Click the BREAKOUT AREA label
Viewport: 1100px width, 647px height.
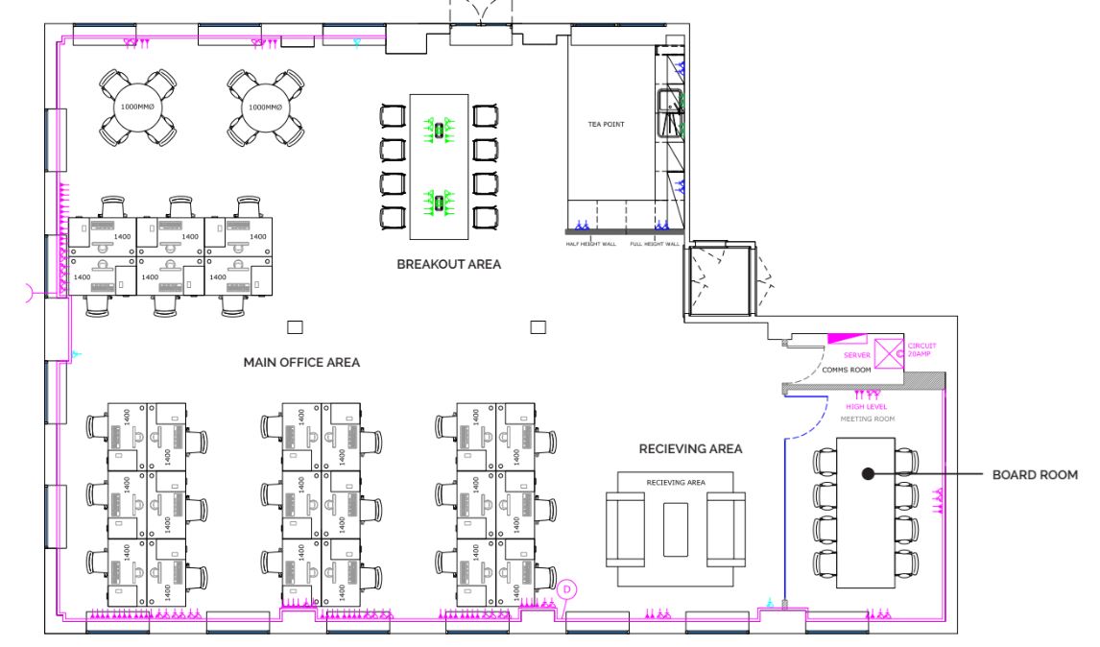tap(449, 264)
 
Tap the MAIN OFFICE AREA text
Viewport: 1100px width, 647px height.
tap(301, 363)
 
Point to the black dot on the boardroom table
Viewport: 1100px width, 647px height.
tap(867, 473)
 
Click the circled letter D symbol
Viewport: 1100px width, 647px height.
tap(567, 589)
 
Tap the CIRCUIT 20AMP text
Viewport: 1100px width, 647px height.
tap(921, 349)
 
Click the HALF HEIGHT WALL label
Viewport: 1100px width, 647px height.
tap(589, 244)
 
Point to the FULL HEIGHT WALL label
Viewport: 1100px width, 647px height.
tap(655, 244)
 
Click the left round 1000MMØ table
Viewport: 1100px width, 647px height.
tap(132, 107)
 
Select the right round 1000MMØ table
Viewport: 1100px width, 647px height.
tap(261, 107)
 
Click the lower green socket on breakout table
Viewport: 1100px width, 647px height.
tap(440, 203)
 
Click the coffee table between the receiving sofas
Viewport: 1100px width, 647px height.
tap(676, 528)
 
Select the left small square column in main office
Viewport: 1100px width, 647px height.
tap(296, 327)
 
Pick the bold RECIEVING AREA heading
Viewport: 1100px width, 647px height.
tap(690, 448)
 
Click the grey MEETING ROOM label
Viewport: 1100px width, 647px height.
tap(867, 419)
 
